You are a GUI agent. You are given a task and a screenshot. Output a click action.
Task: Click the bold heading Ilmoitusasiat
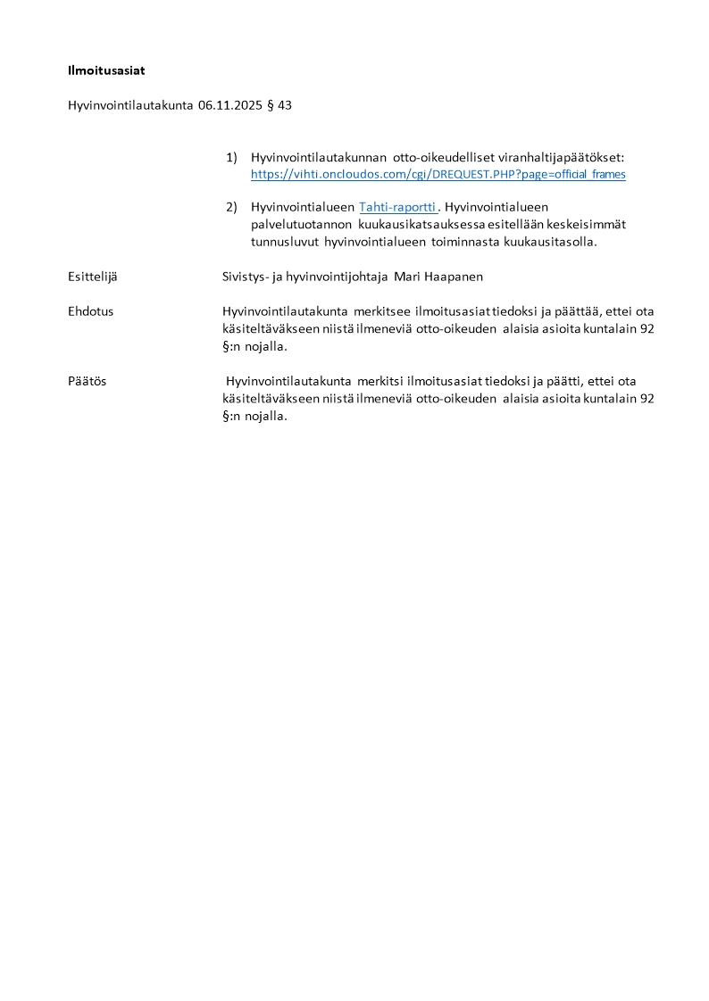tap(106, 70)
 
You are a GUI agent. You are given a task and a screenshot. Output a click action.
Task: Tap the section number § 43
tap(279, 105)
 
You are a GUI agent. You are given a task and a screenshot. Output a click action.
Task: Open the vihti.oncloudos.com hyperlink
tap(438, 174)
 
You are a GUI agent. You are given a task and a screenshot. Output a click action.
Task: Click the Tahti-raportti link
tap(397, 207)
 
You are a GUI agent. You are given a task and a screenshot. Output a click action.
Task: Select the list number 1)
tap(231, 158)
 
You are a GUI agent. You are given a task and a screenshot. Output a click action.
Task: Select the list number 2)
tap(231, 207)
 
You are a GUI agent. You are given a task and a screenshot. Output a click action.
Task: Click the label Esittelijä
tap(93, 277)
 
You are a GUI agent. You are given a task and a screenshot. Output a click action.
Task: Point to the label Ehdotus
tap(90, 311)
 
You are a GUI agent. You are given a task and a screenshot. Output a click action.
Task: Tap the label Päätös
tap(88, 381)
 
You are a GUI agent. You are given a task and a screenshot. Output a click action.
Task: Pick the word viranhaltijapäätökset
tap(572, 158)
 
